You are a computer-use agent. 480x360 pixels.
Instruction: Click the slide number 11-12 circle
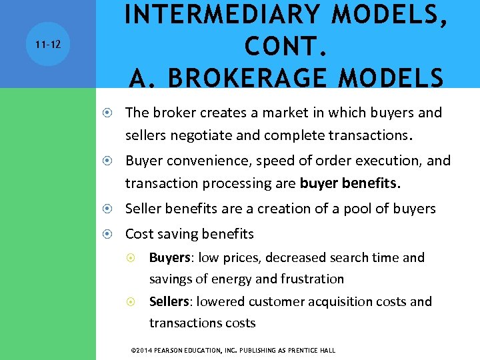click(47, 44)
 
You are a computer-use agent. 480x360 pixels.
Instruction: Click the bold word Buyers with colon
click(171, 257)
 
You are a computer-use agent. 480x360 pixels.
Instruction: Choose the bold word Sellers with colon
click(171, 301)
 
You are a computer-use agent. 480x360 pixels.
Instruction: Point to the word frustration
click(311, 279)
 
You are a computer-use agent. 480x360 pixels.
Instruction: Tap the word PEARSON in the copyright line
click(177, 350)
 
